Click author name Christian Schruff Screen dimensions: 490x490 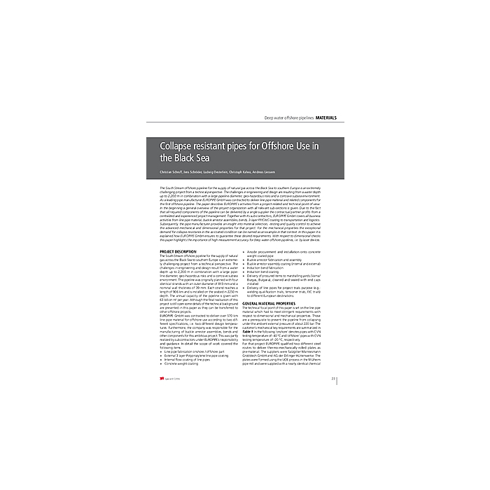[174, 172]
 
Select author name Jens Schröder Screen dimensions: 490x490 [203, 172]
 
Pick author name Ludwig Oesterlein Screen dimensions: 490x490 [234, 172]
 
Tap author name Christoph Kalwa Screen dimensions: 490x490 [267, 172]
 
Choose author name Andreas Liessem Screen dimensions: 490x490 [297, 172]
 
